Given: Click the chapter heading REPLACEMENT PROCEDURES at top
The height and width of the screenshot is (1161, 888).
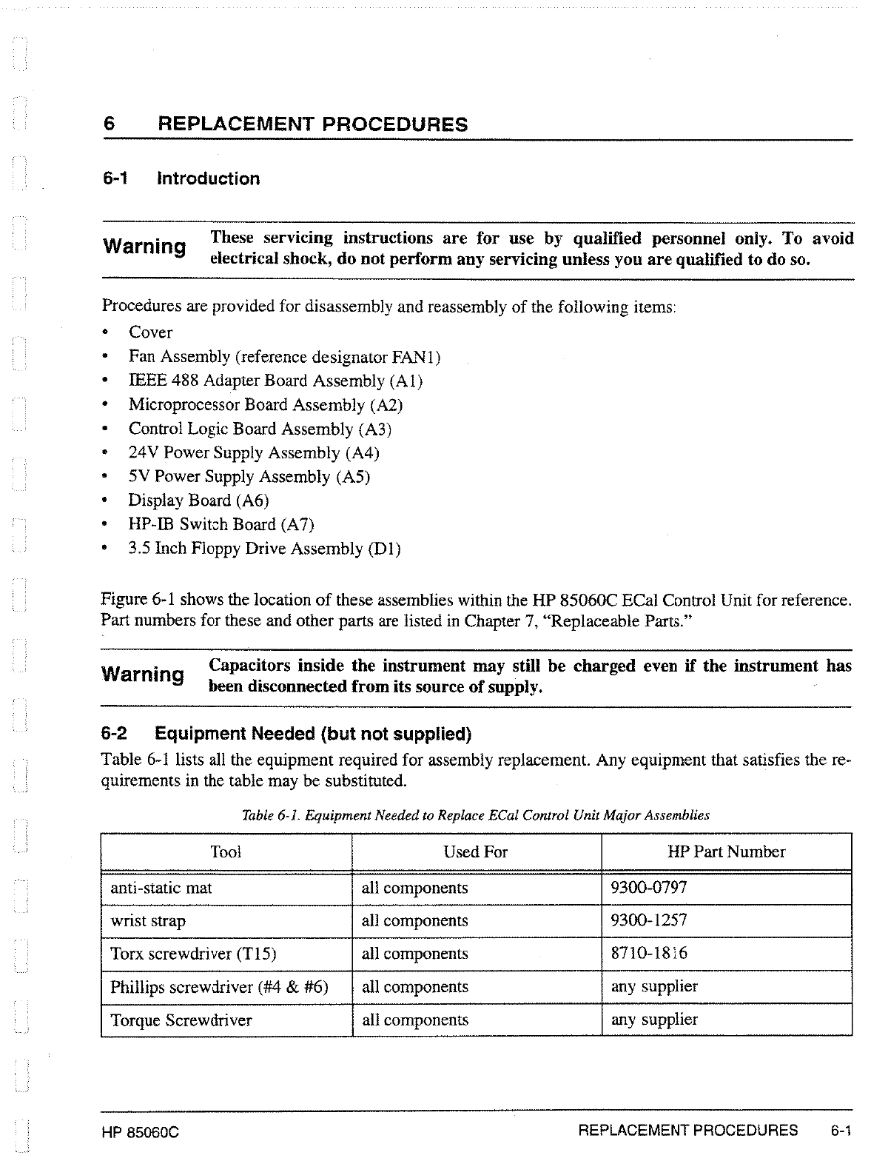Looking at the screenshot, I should pos(313,124).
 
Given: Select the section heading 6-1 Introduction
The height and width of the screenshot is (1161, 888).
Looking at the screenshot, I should pos(181,178).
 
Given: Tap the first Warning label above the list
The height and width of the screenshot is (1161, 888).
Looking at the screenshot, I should pos(144,246).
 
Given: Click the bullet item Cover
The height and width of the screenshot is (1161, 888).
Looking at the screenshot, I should pos(150,332).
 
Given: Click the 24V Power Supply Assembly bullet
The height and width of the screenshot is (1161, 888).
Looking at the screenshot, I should pos(254,452).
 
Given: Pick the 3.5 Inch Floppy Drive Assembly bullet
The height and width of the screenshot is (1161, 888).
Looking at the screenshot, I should pos(264,549).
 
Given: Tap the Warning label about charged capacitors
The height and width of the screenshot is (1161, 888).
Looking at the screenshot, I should pos(143,675).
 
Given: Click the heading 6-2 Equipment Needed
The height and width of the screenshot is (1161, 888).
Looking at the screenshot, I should pos(286,734).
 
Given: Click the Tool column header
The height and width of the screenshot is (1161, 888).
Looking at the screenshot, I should pos(226,852).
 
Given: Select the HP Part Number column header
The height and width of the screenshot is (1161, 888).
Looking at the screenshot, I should pos(726,852).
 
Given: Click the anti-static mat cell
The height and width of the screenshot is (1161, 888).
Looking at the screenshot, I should pos(161,888).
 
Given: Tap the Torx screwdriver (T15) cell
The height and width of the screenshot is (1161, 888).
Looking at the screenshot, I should pos(193,954).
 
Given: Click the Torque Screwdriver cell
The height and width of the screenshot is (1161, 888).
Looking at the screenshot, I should pos(181,1020).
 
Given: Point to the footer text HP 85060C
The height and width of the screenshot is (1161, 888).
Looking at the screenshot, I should pos(141,1133).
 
